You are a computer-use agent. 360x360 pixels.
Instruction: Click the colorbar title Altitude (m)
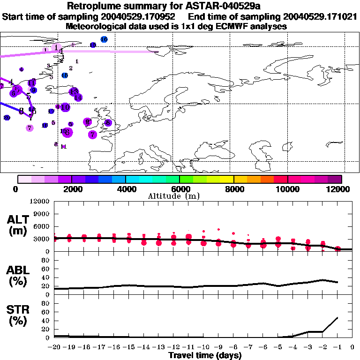coord(180,196)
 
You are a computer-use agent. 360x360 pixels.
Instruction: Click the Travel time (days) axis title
coord(205,356)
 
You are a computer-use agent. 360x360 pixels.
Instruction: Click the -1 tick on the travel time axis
coord(337,348)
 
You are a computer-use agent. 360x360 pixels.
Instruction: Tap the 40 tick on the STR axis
coord(45,321)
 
